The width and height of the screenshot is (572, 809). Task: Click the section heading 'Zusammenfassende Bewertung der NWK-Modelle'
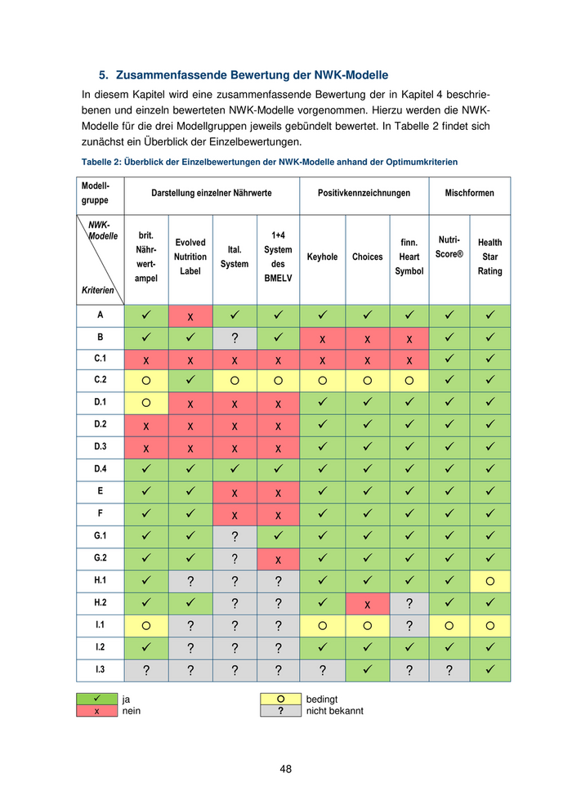pos(252,75)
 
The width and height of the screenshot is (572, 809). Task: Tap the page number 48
pos(285,769)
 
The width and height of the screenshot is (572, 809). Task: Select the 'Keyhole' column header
pos(322,257)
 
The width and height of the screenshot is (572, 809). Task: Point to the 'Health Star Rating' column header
pos(490,257)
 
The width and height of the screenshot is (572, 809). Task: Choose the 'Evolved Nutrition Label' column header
pos(190,257)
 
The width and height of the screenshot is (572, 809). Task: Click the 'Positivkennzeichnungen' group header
pos(364,193)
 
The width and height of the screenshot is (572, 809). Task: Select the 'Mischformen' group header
pos(469,193)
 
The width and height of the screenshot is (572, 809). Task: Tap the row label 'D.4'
pos(101,468)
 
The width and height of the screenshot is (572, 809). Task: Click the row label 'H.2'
pos(101,603)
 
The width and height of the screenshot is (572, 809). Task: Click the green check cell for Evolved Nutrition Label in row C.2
pos(190,380)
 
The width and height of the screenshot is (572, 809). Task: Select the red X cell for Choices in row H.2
pos(367,603)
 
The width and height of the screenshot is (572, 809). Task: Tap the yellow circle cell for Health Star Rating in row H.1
pos(490,581)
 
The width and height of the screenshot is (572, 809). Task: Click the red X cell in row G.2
pos(278,559)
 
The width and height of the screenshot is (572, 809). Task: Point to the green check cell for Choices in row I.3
pos(367,670)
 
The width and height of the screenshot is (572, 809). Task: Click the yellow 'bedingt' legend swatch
pos(280,699)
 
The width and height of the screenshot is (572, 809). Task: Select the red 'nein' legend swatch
pos(97,711)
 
